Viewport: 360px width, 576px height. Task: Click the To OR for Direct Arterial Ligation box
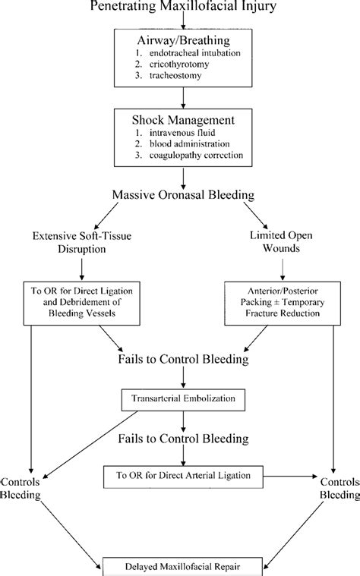point(182,475)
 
